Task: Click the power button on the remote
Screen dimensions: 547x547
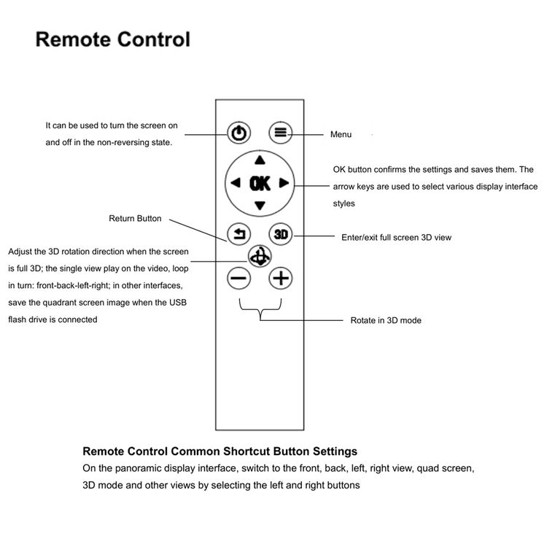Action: [239, 133]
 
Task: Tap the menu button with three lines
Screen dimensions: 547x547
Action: [281, 132]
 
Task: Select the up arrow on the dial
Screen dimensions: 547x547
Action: [260, 160]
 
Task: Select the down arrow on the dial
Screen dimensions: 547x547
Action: [260, 206]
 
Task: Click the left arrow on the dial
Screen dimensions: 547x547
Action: [236, 182]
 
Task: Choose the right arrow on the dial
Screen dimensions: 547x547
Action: [284, 182]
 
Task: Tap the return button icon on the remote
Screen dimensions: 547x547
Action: [239, 234]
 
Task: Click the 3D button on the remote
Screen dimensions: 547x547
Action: [281, 234]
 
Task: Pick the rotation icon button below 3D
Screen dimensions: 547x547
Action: [260, 256]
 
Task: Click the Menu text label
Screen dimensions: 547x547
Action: [341, 134]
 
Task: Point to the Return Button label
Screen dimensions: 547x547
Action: [135, 218]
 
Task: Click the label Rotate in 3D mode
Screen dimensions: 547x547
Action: [386, 320]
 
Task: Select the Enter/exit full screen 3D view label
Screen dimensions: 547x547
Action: [396, 238]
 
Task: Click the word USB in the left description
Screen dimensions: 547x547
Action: [178, 303]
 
